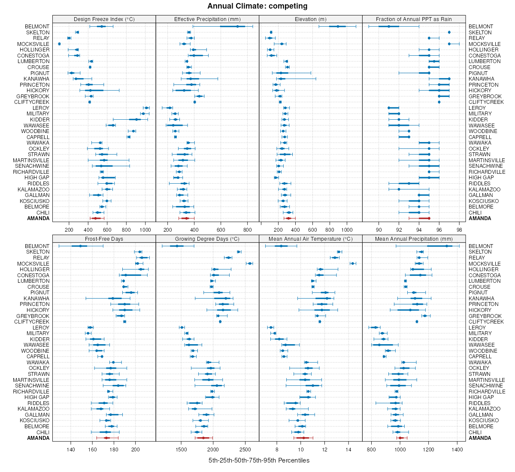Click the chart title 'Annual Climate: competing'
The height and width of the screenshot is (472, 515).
coord(257,6)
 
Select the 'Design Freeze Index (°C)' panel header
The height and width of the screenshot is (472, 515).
coord(104,19)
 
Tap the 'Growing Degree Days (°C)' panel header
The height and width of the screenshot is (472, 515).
coord(207,239)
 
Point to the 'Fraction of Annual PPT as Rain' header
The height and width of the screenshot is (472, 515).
coord(414,19)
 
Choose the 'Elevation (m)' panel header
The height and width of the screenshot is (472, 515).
coord(311,19)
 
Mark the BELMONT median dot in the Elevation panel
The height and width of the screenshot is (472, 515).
coord(338,27)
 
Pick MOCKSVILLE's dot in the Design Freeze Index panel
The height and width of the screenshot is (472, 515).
coord(59,44)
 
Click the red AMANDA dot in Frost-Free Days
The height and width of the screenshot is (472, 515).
coord(106,438)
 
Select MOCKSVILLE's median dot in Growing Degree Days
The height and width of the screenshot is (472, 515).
coord(249,263)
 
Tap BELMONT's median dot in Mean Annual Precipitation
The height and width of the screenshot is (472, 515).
coord(447,246)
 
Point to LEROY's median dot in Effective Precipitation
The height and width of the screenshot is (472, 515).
coord(169,108)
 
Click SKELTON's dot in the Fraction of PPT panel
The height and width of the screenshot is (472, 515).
coord(449,32)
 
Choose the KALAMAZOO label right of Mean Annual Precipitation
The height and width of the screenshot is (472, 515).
coord(485,409)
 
